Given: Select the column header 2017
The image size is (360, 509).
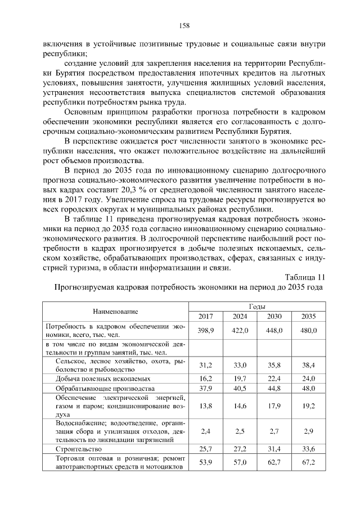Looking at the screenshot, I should (206, 316).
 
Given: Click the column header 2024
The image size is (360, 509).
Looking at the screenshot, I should (240, 316).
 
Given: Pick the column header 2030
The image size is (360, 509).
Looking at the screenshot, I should (274, 316).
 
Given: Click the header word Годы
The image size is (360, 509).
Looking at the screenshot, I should (257, 306).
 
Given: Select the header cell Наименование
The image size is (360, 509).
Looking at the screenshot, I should (116, 311).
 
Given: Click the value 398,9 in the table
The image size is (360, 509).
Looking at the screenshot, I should (206, 330).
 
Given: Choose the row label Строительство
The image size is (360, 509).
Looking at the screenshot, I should (79, 450).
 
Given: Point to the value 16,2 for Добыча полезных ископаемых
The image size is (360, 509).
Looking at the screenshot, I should (206, 379).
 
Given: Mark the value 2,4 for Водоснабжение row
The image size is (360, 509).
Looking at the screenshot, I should (206, 431).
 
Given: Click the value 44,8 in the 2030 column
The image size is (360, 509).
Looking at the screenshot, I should (274, 389).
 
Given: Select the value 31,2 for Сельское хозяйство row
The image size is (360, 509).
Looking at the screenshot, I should (206, 365).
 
